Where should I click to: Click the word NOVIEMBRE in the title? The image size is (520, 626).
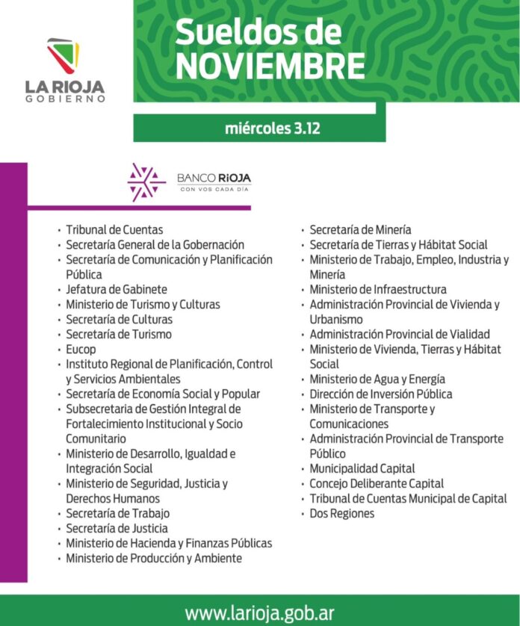click(270, 66)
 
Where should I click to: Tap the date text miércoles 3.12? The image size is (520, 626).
click(272, 128)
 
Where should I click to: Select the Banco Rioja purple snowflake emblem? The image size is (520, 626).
click(146, 182)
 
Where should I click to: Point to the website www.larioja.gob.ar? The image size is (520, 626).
click(259, 613)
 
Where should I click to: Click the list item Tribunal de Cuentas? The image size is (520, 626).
click(114, 229)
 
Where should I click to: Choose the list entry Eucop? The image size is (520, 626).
click(81, 349)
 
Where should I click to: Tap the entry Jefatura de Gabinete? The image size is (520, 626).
click(116, 289)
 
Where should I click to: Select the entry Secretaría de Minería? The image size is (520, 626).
click(360, 229)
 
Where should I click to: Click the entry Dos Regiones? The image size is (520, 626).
click(342, 513)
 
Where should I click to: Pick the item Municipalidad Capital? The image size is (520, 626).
click(362, 468)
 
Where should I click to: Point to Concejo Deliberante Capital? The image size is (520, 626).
click(377, 483)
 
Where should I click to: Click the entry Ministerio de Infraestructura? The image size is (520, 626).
click(378, 289)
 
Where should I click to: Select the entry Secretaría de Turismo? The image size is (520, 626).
click(118, 334)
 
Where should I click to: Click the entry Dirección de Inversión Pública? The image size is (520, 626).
click(381, 394)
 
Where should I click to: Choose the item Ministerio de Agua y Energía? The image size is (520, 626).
click(377, 379)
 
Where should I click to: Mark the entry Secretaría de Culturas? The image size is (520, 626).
click(119, 319)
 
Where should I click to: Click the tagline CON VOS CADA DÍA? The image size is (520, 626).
click(214, 190)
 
